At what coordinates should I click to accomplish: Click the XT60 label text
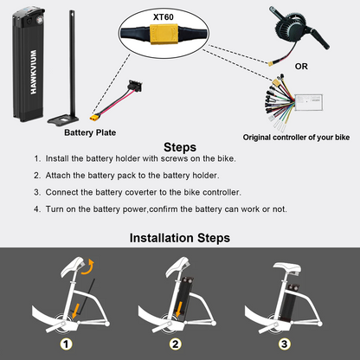coord(164,17)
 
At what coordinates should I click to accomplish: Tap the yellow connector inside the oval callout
coord(164,34)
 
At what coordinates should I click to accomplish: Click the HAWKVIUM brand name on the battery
coord(34,72)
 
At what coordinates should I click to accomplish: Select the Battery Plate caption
coord(90,132)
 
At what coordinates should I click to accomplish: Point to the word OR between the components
coord(301,67)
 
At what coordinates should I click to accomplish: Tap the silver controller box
coord(308,102)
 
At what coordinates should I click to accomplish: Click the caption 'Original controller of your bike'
coord(296,138)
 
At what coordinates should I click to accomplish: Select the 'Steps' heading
coord(180,147)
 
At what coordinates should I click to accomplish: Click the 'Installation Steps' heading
coord(180,238)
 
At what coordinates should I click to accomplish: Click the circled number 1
coord(66,344)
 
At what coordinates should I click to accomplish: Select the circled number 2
coord(176,344)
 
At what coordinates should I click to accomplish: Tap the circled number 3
coord(285,344)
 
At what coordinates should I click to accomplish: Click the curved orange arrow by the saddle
coord(88,267)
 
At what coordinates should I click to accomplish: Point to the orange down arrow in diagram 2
coord(179,309)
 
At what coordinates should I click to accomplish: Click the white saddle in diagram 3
coord(287,268)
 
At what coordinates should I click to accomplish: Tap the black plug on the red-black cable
coord(136,86)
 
